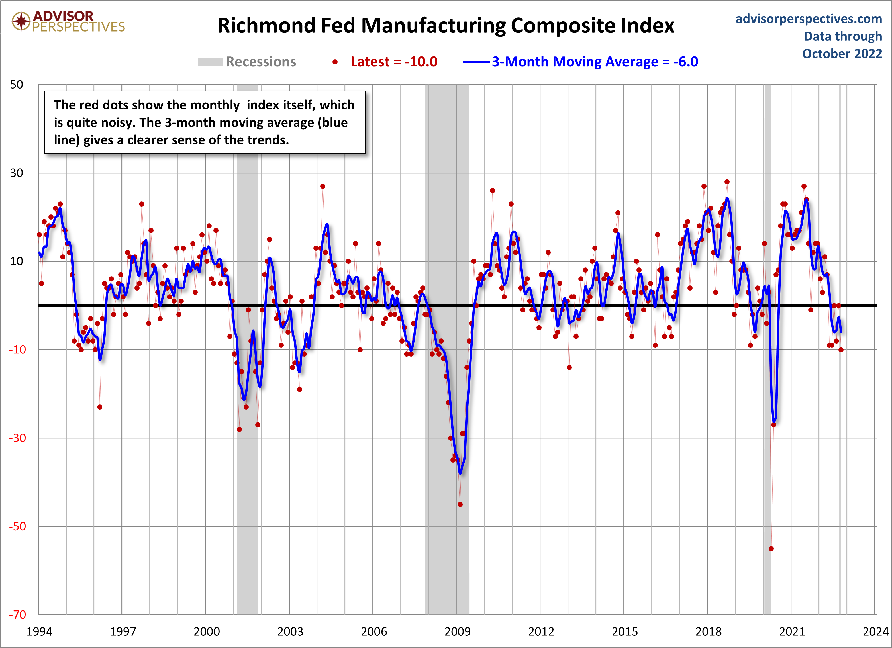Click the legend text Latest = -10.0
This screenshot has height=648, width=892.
point(394,62)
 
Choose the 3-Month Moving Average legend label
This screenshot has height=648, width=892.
point(595,62)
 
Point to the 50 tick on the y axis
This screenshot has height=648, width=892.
point(17,85)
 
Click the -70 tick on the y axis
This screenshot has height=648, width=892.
point(17,615)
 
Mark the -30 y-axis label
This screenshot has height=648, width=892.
point(17,438)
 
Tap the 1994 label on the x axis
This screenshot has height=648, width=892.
point(39,631)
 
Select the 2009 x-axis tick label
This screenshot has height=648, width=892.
point(458,631)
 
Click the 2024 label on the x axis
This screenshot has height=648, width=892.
point(875,631)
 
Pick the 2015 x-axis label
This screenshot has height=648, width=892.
point(624,631)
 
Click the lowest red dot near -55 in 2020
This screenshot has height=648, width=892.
point(771,549)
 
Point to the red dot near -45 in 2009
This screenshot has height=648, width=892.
point(460,504)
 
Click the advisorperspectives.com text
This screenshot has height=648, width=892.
point(809,19)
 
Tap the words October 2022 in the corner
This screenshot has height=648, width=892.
point(842,54)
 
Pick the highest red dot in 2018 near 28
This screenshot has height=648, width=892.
point(727,182)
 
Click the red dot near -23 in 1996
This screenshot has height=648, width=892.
point(99,407)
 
